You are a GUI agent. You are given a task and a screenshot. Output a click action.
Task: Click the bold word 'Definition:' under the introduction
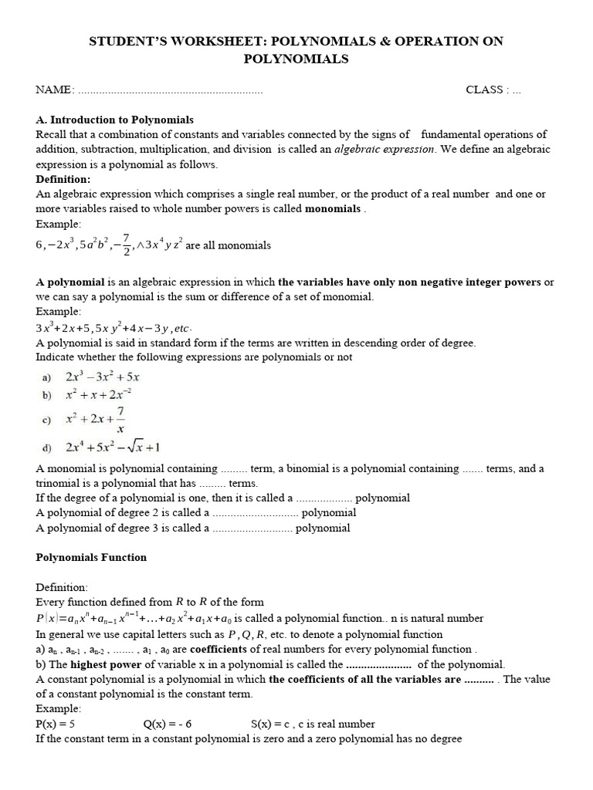(x=63, y=179)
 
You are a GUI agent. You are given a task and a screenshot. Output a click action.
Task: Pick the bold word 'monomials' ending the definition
(x=333, y=209)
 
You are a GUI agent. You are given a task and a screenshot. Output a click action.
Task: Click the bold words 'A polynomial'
(x=68, y=282)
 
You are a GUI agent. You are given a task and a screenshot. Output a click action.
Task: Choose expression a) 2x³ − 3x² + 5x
(x=102, y=377)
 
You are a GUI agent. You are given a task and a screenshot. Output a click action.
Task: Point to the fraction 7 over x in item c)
(x=120, y=420)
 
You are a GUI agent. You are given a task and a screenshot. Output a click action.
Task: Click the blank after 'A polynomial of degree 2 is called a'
(x=254, y=513)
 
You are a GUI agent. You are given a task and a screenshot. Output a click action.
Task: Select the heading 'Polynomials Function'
(x=91, y=557)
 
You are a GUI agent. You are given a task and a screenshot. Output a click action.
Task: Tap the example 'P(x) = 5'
(x=56, y=724)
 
